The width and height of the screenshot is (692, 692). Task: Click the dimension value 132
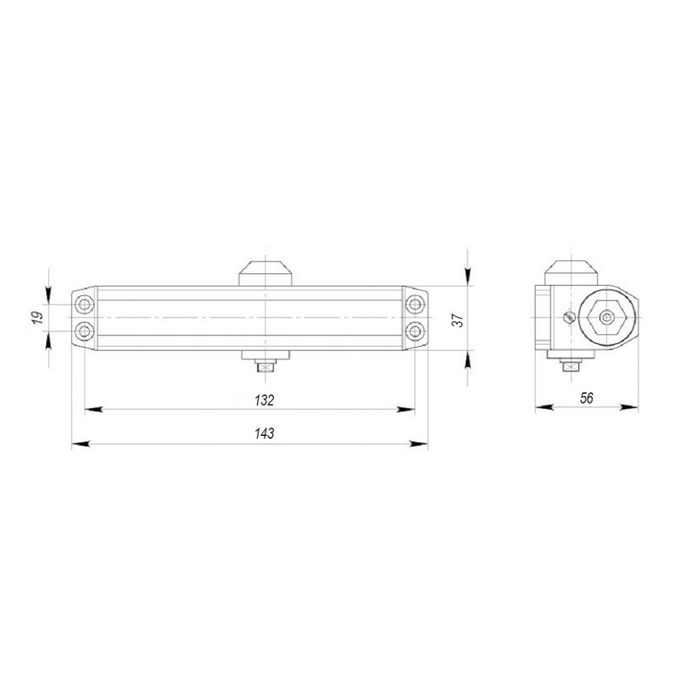point(264,400)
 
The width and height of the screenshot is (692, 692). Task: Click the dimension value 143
point(264,434)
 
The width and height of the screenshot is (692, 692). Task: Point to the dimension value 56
point(586,398)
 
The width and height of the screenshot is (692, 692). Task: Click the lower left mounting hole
point(85,331)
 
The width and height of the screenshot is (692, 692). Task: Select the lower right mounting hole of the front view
point(414,331)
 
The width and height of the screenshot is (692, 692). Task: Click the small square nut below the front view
point(265,367)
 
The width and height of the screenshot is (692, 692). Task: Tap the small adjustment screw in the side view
point(569,317)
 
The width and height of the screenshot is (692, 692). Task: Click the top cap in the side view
point(570,272)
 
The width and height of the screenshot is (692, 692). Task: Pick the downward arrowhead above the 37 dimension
point(467,279)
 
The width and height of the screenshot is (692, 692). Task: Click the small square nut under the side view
point(569,367)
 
